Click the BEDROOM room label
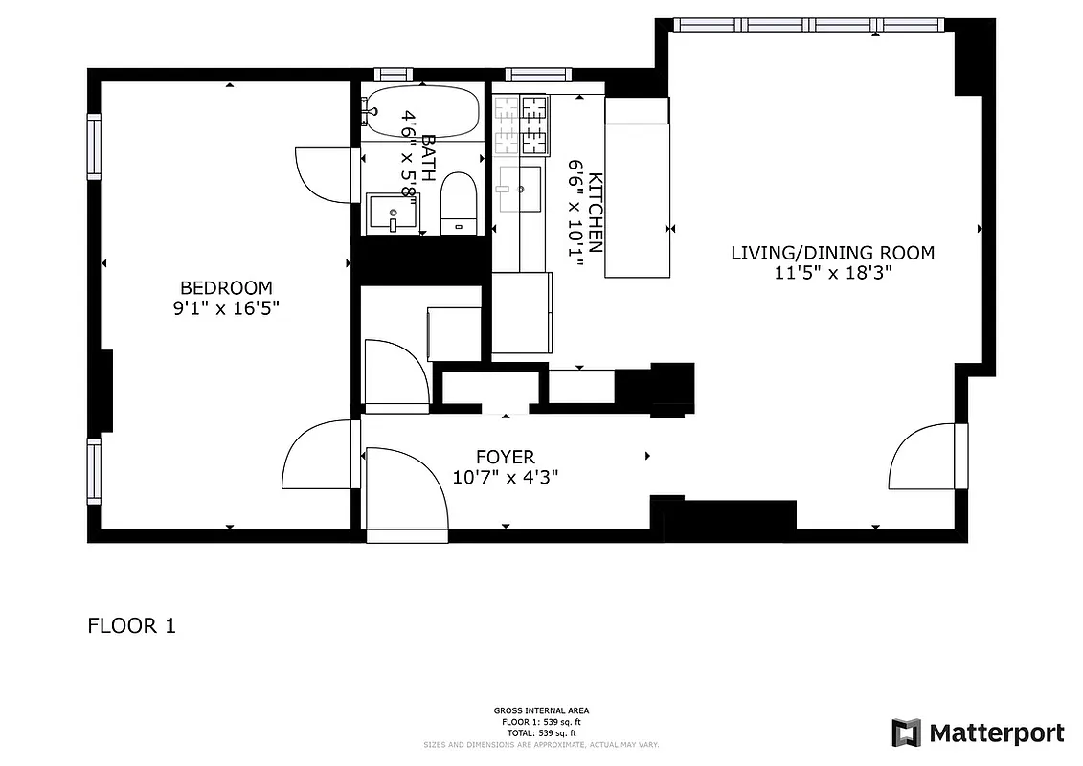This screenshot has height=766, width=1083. coord(226,287)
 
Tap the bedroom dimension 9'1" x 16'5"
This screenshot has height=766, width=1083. coord(226,308)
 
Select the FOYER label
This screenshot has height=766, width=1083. coord(506,458)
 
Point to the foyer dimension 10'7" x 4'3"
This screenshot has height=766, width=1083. coord(506,477)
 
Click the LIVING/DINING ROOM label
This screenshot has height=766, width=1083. coord(832,253)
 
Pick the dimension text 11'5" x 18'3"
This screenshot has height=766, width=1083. coord(832,273)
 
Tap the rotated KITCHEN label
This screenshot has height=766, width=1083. coord(596,213)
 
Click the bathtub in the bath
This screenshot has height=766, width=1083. coord(422,112)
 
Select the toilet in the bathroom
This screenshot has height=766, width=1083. coord(458,203)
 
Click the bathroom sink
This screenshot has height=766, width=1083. coord(393,213)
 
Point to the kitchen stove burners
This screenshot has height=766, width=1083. coord(521,124)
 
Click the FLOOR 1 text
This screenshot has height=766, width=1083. coord(131,626)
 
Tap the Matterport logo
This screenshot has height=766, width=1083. coord(977,733)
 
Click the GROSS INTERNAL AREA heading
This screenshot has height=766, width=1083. coord(541,710)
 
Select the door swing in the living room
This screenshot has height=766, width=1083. coord(921,457)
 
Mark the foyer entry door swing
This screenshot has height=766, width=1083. coord(406,488)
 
